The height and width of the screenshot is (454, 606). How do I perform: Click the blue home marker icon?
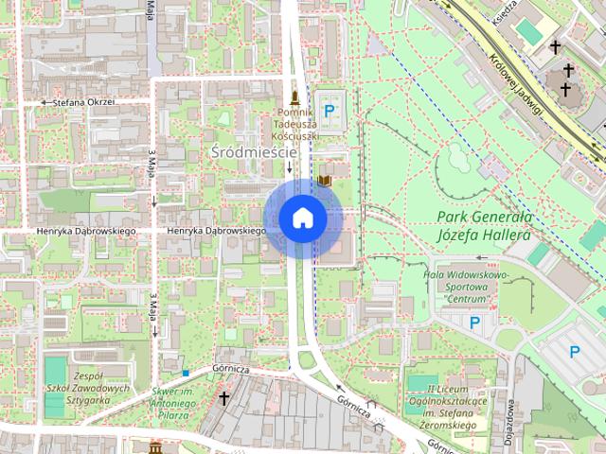pyautogui.click(x=302, y=218)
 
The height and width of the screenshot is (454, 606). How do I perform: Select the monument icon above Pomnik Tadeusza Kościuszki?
pyautogui.click(x=295, y=97)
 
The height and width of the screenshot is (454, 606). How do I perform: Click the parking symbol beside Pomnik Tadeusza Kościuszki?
pyautogui.click(x=330, y=112)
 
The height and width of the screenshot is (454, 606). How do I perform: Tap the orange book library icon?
pyautogui.click(x=325, y=180)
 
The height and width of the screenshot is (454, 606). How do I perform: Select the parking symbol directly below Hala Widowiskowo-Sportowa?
pyautogui.click(x=475, y=323)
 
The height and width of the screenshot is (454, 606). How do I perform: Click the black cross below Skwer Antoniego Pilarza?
pyautogui.click(x=223, y=399)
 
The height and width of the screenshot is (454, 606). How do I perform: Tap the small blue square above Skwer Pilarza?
pyautogui.click(x=186, y=373)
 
